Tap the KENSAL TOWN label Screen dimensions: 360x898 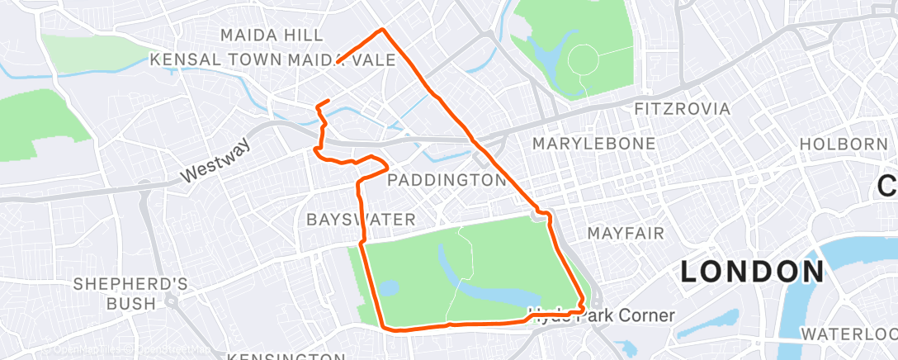coord(216,60)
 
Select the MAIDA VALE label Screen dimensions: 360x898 coord(337,60)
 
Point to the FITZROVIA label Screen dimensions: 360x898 coord(682,109)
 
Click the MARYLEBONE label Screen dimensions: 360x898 coord(593,144)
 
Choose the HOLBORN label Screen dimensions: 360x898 coord(843,144)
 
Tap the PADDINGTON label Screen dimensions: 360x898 coord(446,180)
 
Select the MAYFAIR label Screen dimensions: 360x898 coord(626,234)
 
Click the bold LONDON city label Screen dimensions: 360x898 coord(752,272)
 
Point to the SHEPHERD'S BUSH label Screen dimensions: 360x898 coord(131,294)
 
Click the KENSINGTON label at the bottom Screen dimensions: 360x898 coord(286,356)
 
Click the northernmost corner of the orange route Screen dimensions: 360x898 coord(381,31)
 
